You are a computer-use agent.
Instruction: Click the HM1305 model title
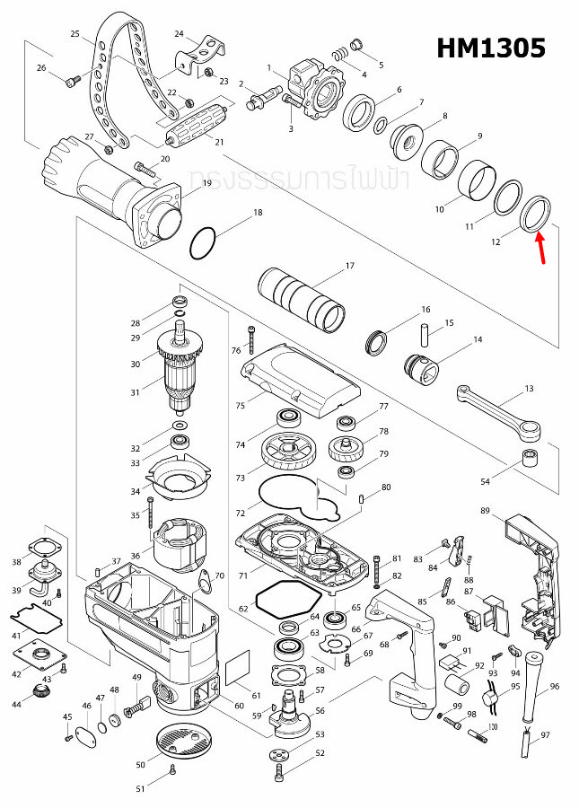coord(490,48)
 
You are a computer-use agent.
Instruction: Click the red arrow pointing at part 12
coord(541,249)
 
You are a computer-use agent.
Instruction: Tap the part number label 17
coord(350,265)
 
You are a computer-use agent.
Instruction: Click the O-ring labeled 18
coord(204,242)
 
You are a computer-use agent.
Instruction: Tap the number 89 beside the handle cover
coord(486,511)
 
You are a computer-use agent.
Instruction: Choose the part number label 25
coord(75,33)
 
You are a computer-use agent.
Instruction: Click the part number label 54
coord(486,482)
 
